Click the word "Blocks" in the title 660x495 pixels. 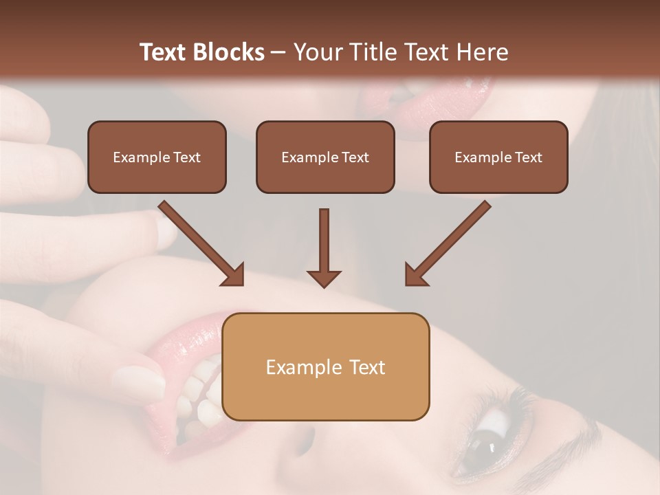229,52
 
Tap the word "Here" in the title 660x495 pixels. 481,52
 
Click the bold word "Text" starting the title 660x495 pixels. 164,52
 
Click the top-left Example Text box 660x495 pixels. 157,157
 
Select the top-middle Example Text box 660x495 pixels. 325,157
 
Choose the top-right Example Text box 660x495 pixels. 498,157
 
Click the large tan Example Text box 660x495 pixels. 326,366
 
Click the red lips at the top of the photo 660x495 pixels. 426,103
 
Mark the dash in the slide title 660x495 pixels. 278,53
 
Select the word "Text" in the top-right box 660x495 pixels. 529,157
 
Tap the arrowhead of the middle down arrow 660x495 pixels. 324,278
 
